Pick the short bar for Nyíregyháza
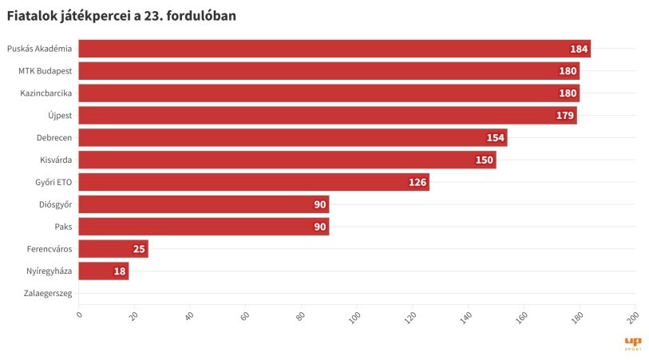[104, 271]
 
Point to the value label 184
[579, 49]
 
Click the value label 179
[565, 116]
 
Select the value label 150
[485, 160]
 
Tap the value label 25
[139, 249]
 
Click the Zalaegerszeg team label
[48, 294]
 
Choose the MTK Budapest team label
[46, 71]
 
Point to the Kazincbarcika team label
[46, 93]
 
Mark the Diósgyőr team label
[55, 204]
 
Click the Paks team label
[63, 227]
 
